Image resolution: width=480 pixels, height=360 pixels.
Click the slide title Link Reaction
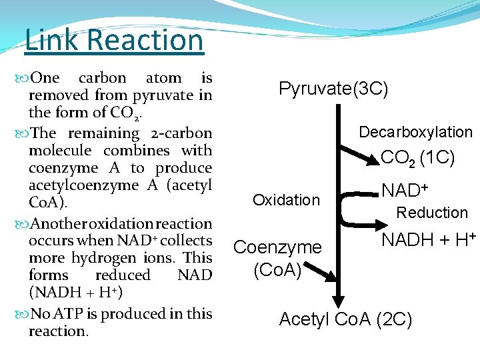pyautogui.click(x=113, y=40)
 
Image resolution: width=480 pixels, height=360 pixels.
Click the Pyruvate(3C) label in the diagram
pyautogui.click(x=333, y=89)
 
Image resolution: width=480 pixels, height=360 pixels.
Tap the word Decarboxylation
pyautogui.click(x=415, y=132)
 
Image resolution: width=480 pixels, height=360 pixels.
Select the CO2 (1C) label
pyautogui.click(x=417, y=158)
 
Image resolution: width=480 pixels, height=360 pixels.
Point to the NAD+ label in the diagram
pyautogui.click(x=405, y=192)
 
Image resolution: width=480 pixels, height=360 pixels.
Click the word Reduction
pyautogui.click(x=432, y=213)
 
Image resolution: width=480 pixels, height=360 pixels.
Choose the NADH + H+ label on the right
pyautogui.click(x=428, y=239)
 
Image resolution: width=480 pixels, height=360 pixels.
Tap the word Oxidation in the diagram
pyautogui.click(x=286, y=200)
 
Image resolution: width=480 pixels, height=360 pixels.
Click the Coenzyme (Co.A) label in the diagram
pyautogui.click(x=277, y=259)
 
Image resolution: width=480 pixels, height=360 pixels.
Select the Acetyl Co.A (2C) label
pyautogui.click(x=345, y=320)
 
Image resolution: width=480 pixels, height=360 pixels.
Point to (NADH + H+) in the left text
pyautogui.click(x=76, y=293)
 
